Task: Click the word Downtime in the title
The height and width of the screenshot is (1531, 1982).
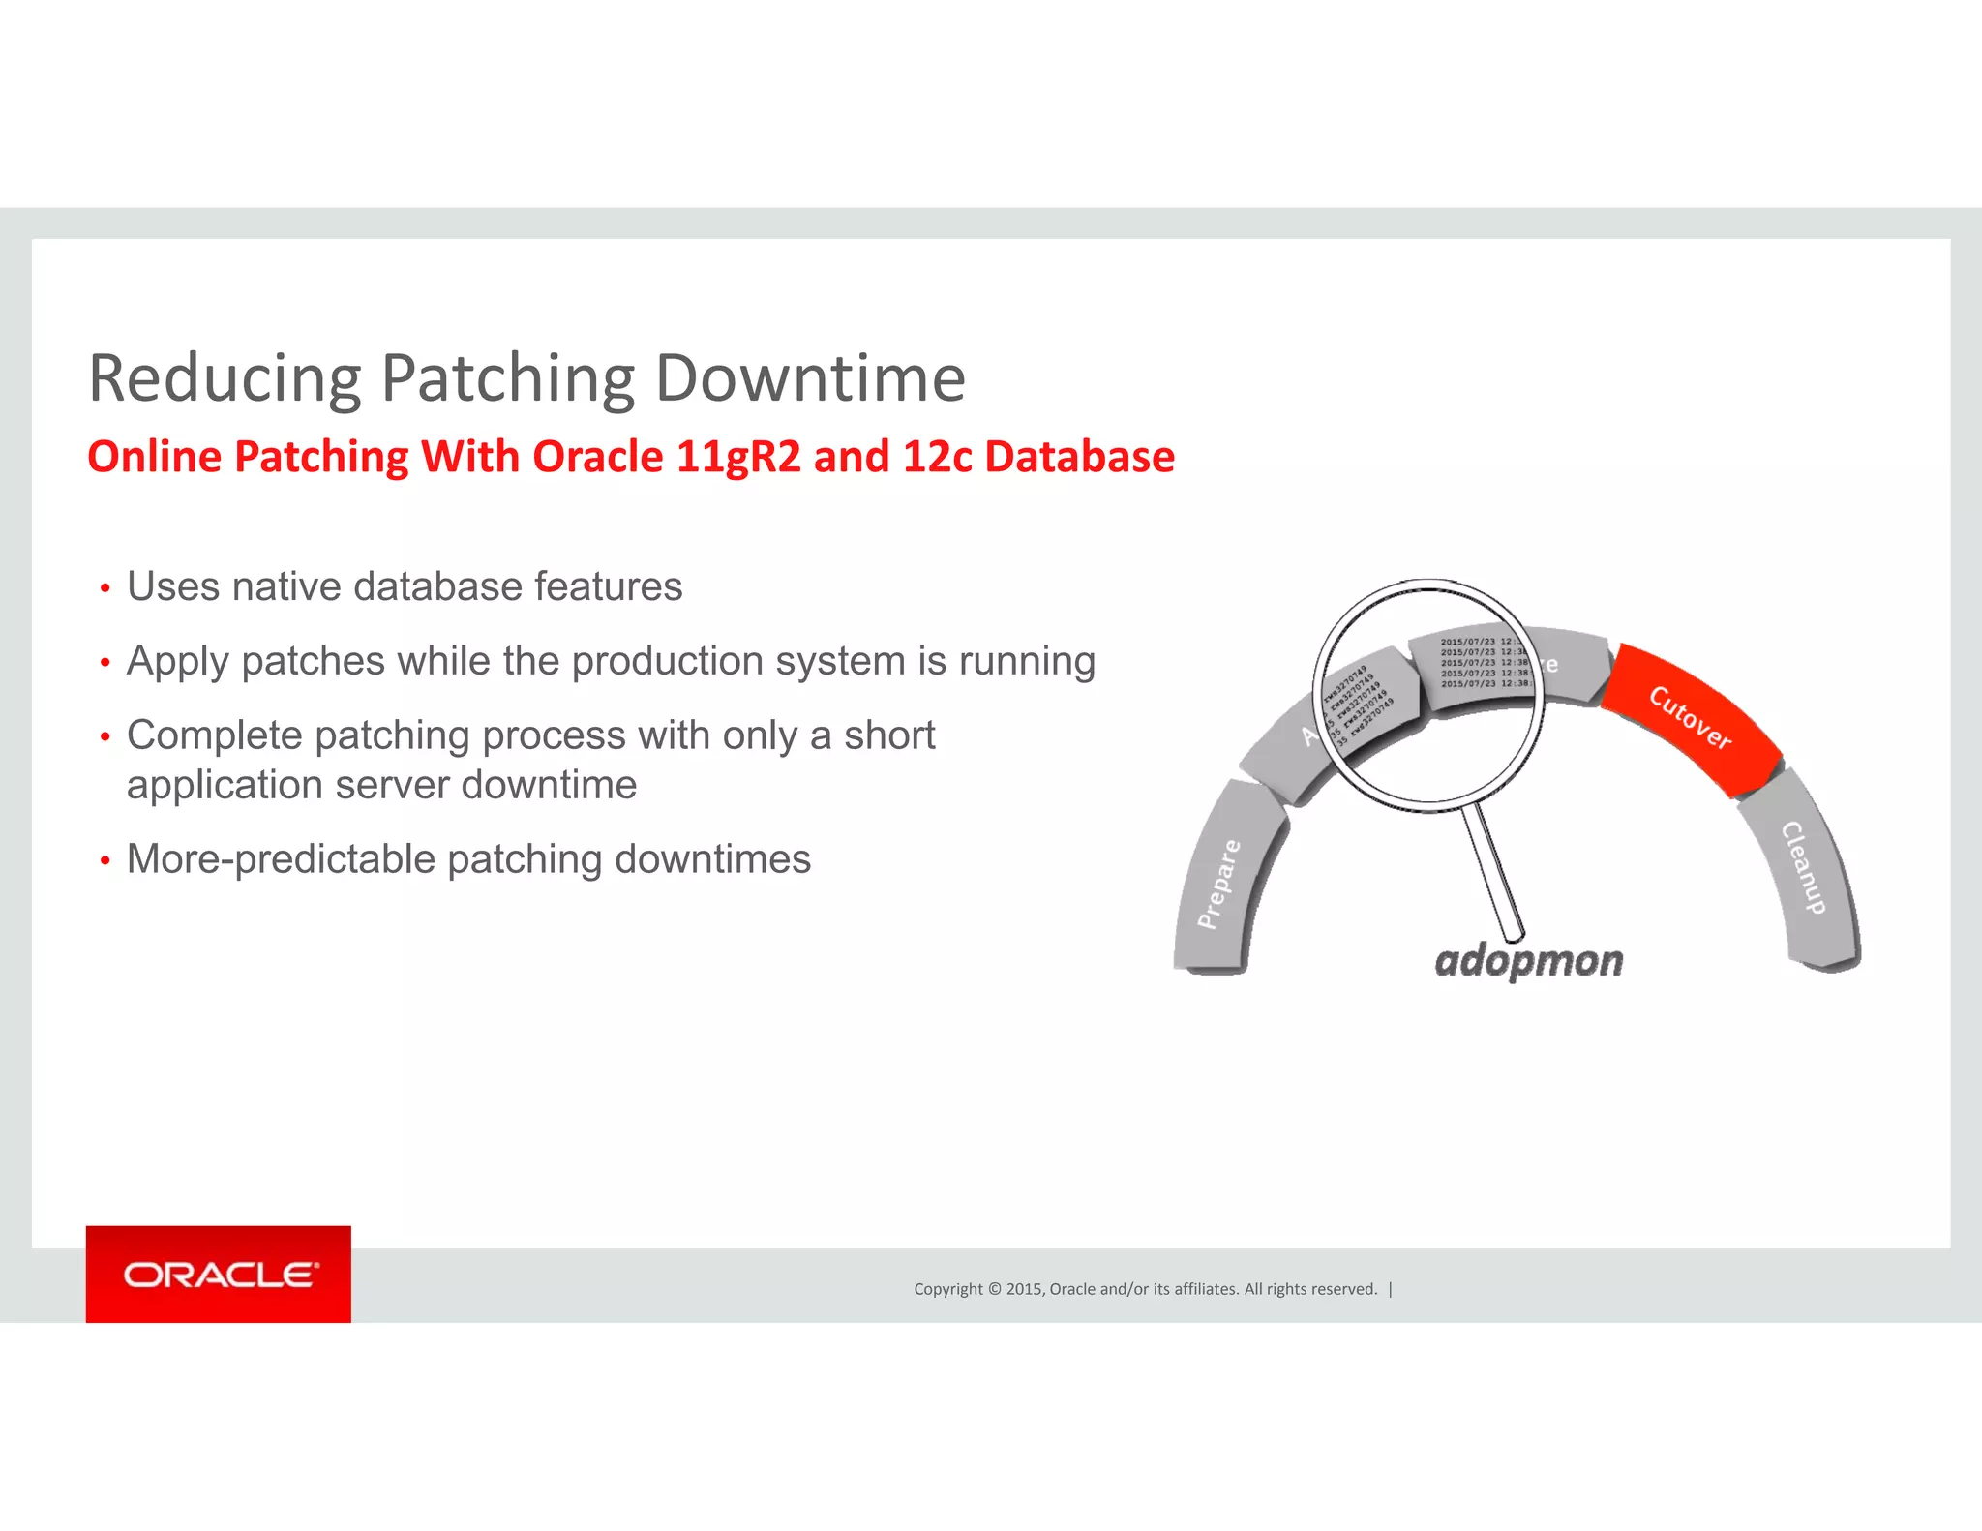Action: click(x=810, y=378)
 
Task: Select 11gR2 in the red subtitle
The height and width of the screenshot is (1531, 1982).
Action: click(x=738, y=457)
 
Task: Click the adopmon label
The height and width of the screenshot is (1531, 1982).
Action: click(x=1528, y=961)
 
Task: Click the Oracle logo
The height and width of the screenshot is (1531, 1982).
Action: click(x=219, y=1275)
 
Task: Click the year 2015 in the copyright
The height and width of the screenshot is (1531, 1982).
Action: click(x=1023, y=1289)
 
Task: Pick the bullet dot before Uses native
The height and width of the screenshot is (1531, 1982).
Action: click(x=105, y=589)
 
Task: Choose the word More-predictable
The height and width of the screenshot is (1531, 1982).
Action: click(x=281, y=859)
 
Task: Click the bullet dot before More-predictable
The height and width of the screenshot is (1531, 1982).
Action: click(x=105, y=861)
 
